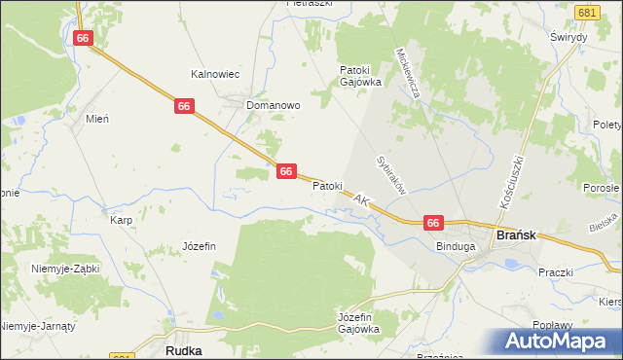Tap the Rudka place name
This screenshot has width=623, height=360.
coord(183,349)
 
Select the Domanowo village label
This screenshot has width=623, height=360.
coord(273,104)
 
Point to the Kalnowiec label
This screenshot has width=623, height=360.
coord(215,74)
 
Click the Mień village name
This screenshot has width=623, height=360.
coord(96,118)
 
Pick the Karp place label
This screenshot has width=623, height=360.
coord(121,220)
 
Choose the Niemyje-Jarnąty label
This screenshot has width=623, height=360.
coord(39,325)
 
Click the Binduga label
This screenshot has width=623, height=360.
coord(456,247)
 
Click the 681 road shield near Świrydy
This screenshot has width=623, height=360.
coord(586,13)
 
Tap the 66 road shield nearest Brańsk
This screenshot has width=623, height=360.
coord(434,223)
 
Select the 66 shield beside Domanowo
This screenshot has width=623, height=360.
coord(184,105)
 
